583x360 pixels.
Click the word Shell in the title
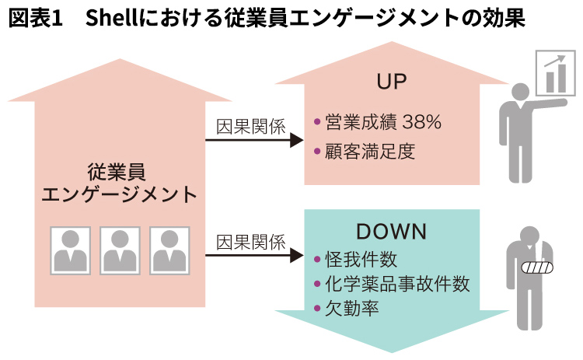click(x=112, y=18)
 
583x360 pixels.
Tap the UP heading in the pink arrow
click(x=392, y=82)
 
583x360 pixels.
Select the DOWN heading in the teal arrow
click(x=392, y=232)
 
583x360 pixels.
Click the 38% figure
click(x=421, y=122)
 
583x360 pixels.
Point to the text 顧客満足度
click(x=370, y=152)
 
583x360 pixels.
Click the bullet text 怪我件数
click(x=361, y=259)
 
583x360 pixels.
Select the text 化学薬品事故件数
click(x=397, y=284)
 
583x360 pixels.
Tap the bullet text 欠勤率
click(x=351, y=308)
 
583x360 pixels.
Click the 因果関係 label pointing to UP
click(x=251, y=127)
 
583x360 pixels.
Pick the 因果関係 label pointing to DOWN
click(x=251, y=243)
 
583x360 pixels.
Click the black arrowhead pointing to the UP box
click(x=297, y=140)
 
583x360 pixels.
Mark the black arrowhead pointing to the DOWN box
click(x=297, y=255)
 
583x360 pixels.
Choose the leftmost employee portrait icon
click(x=71, y=250)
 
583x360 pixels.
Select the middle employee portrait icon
click(x=120, y=250)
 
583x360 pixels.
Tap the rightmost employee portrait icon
click(x=169, y=250)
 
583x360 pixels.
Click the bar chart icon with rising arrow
click(x=556, y=74)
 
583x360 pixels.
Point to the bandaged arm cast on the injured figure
click(x=537, y=267)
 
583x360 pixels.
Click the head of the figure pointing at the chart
click(x=520, y=92)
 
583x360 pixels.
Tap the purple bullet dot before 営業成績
click(x=317, y=121)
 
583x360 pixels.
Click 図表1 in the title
click(x=35, y=18)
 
